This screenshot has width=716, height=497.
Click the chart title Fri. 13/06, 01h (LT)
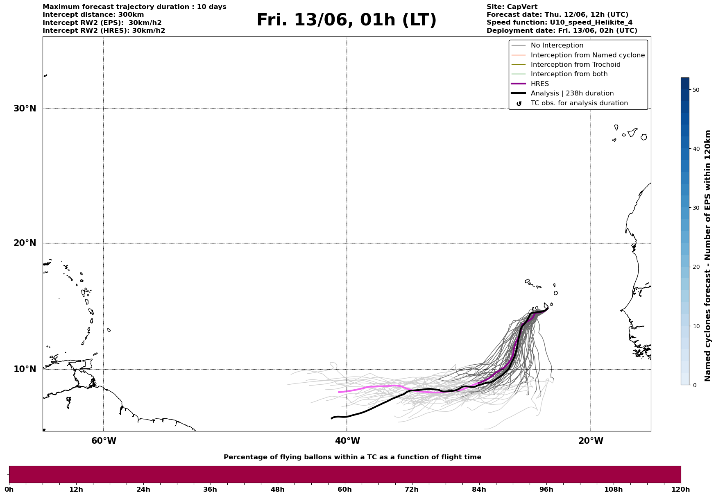click(x=347, y=20)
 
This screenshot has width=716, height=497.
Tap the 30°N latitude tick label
click(x=25, y=109)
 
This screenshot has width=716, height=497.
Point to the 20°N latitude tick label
click(x=25, y=243)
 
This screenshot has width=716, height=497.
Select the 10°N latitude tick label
click(x=25, y=369)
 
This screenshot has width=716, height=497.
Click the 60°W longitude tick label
click(x=104, y=441)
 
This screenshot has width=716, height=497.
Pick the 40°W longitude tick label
click(x=347, y=441)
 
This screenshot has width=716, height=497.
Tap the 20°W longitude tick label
click(x=591, y=441)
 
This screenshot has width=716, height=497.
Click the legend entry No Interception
click(x=557, y=45)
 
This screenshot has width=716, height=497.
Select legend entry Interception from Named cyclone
click(x=587, y=55)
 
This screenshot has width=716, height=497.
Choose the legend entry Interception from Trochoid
click(x=575, y=65)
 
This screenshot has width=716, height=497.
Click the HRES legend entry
click(x=539, y=84)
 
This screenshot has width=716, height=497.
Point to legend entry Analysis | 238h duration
click(x=572, y=93)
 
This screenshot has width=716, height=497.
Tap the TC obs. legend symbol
click(x=519, y=104)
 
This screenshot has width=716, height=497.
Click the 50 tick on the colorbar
click(x=696, y=90)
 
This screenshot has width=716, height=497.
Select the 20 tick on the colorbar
click(x=696, y=267)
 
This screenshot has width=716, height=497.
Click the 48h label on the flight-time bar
click(x=277, y=490)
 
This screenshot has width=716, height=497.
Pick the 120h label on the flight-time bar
click(x=681, y=490)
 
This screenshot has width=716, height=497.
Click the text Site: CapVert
click(x=512, y=7)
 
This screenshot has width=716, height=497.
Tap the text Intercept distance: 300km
click(x=93, y=15)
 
